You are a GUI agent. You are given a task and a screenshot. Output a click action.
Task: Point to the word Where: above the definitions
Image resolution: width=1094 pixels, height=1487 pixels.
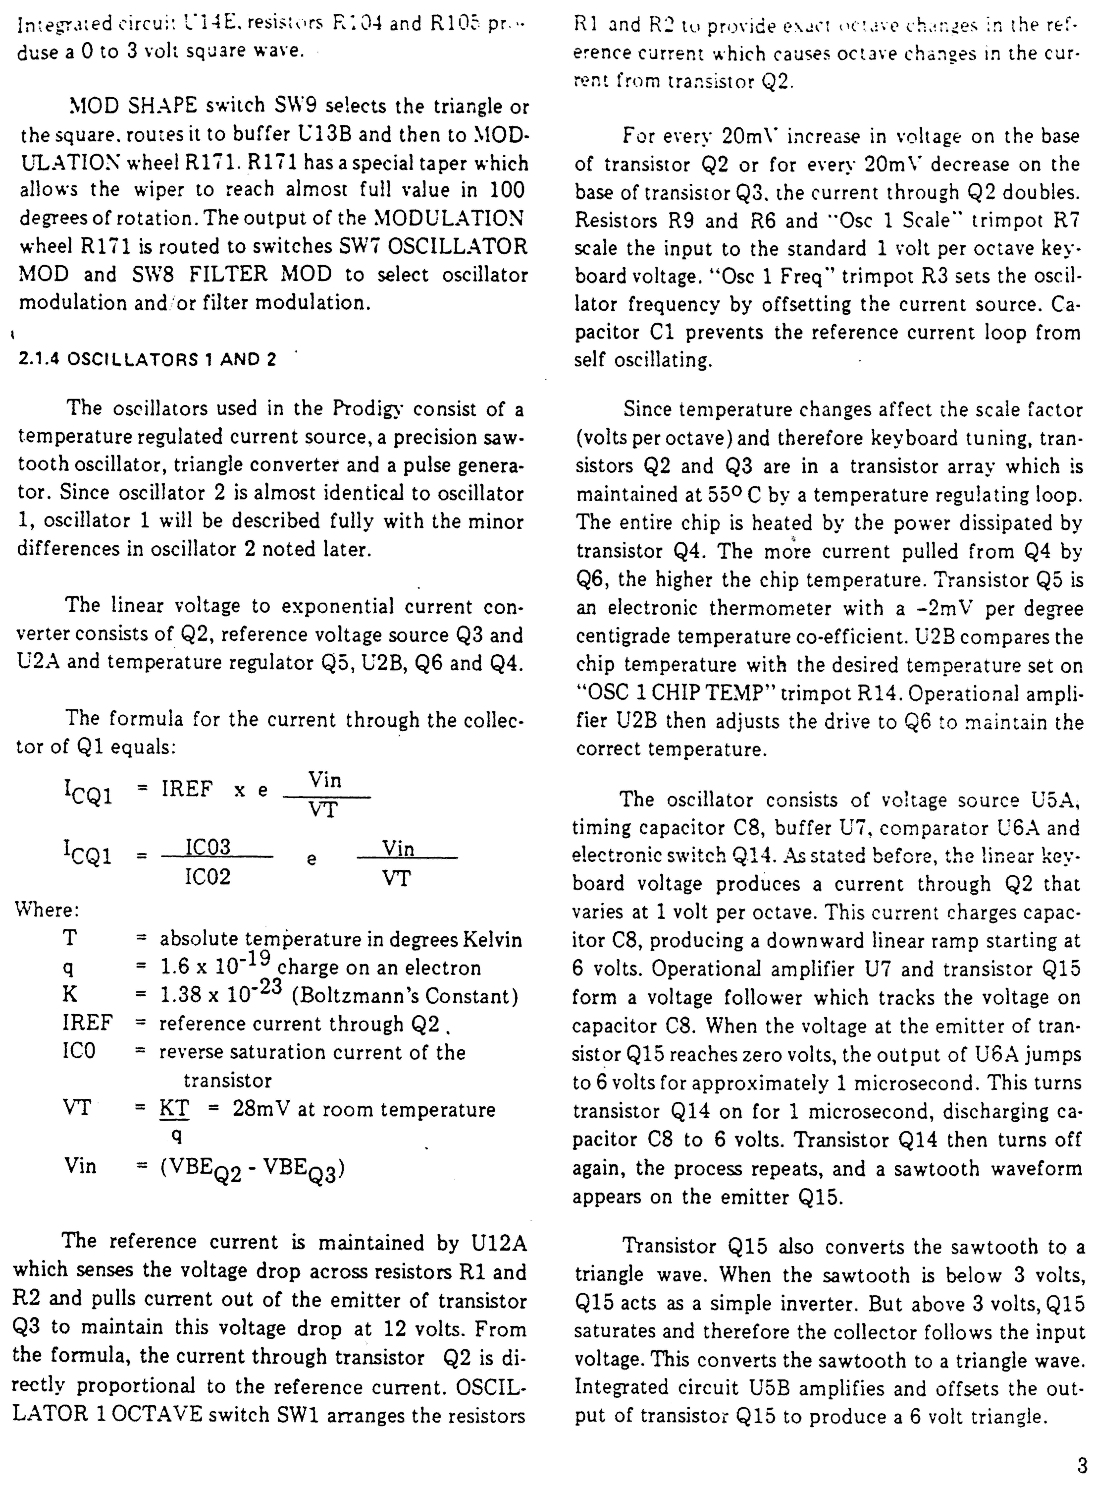(x=46, y=909)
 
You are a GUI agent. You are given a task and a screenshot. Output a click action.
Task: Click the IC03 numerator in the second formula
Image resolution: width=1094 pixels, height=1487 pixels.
(x=207, y=847)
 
